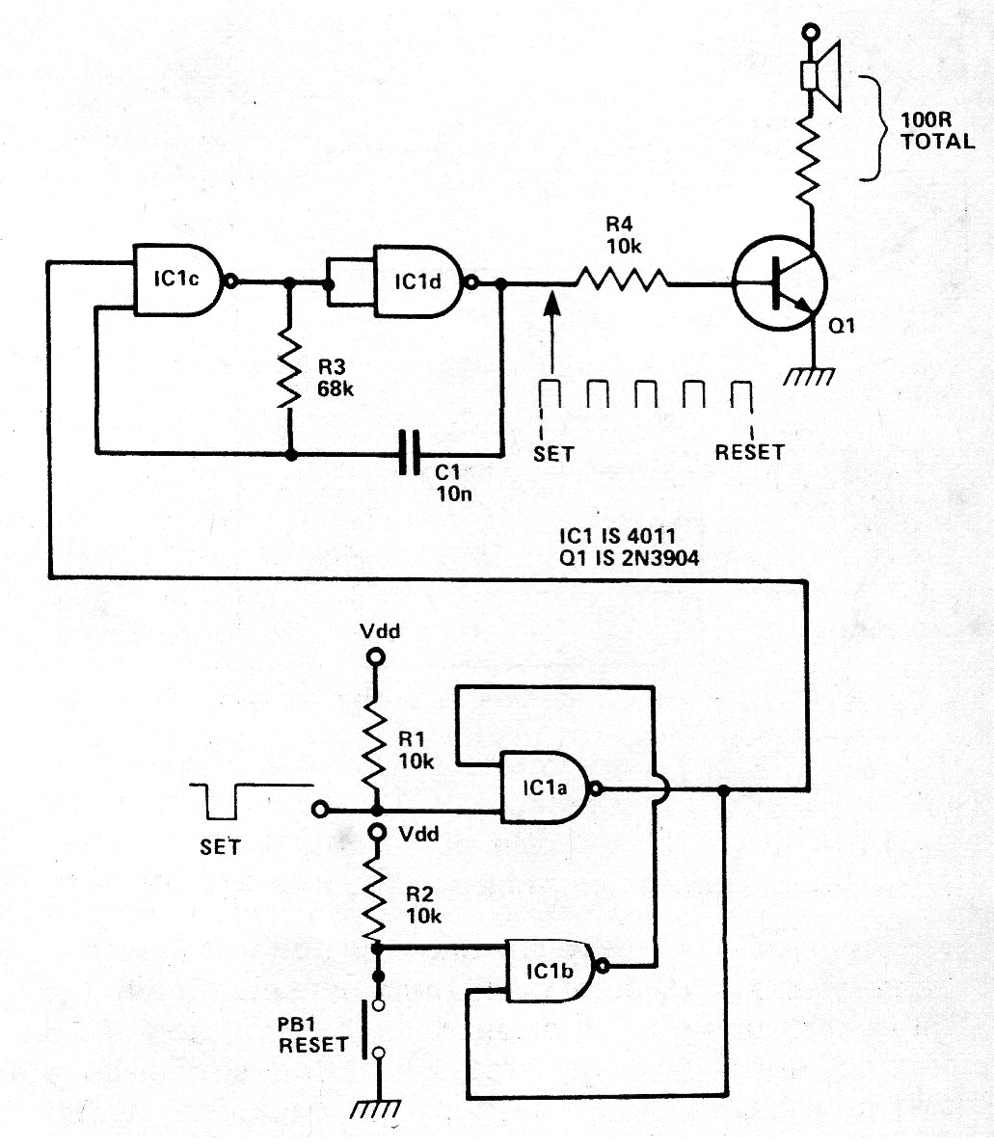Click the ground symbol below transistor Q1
coord(811,376)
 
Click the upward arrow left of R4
coord(551,333)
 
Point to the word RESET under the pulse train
coord(749,451)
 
